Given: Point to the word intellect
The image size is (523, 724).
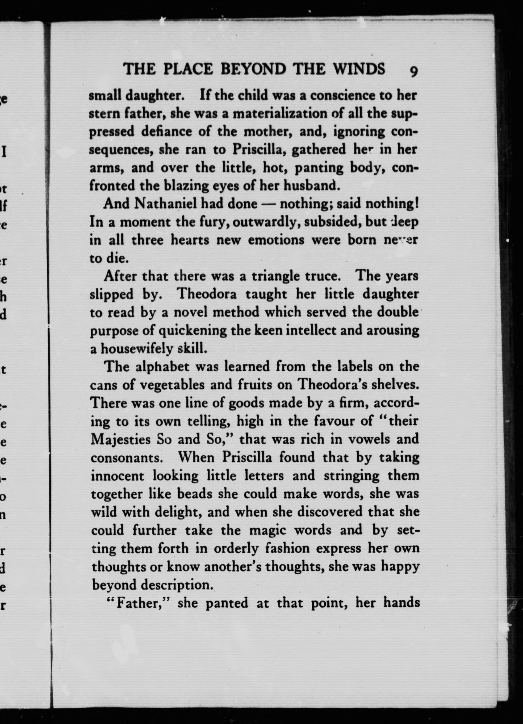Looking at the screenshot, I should pyautogui.click(x=312, y=330).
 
